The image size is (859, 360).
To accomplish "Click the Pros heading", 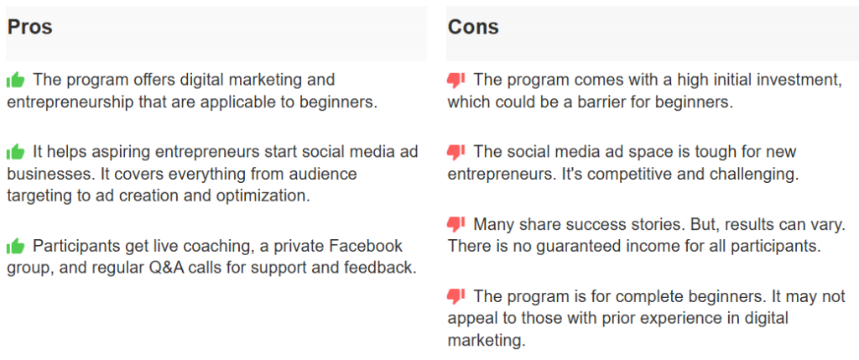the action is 29,27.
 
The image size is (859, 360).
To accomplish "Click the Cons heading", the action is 473,27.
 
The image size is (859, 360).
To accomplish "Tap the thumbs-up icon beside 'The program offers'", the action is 16,81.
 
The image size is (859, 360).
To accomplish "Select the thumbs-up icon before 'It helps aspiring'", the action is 16,152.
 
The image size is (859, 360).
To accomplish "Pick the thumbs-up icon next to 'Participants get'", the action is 16,247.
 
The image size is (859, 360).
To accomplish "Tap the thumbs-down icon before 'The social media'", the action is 456,153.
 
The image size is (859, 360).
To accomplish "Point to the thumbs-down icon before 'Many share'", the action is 456,225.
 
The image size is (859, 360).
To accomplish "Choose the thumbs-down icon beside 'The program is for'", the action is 456,297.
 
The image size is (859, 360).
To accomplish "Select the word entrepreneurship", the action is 72,102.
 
